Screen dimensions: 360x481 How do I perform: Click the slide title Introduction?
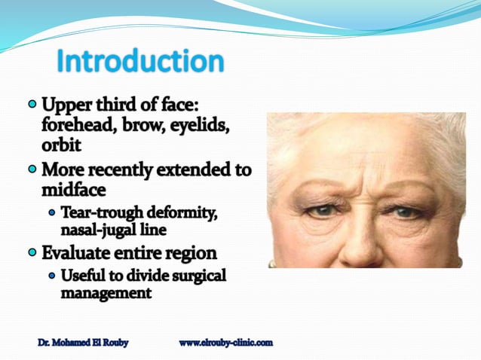140,62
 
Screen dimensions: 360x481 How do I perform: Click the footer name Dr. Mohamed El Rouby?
83,343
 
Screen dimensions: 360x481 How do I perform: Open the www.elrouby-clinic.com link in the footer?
225,343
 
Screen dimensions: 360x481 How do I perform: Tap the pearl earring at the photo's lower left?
272,263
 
